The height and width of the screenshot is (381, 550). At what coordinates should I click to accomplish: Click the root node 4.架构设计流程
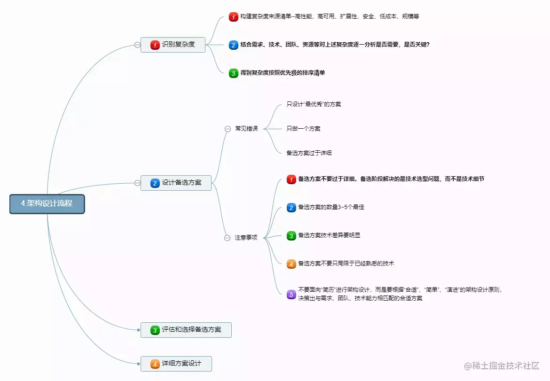coord(47,204)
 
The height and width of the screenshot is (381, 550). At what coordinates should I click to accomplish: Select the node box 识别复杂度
coord(173,45)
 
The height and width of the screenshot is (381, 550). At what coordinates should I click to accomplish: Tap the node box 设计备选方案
coord(176,183)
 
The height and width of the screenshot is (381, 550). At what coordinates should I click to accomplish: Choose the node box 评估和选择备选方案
coord(186,330)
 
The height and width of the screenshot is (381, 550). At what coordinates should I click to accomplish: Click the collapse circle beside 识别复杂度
coord(137,45)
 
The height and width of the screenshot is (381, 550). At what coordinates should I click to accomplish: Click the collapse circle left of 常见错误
coord(228,129)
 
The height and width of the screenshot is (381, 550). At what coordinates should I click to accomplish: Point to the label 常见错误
coord(247,129)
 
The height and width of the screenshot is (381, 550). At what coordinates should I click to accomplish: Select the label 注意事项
coord(246,238)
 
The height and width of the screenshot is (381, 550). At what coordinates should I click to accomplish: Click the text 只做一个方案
coord(304,129)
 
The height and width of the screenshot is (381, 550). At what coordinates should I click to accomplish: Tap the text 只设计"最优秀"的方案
coord(314,104)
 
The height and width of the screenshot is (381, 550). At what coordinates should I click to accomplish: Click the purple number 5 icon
coord(291,295)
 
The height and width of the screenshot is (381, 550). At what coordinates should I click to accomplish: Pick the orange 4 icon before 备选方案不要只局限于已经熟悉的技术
coord(291,264)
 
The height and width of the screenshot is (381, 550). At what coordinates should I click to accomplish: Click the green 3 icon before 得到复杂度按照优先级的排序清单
coord(234,73)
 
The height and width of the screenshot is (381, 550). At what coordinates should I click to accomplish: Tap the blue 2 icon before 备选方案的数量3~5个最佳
coord(291,208)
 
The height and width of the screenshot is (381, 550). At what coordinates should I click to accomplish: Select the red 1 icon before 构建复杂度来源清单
coord(234,17)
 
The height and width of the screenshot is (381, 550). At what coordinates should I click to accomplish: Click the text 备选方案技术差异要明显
coord(329,235)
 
